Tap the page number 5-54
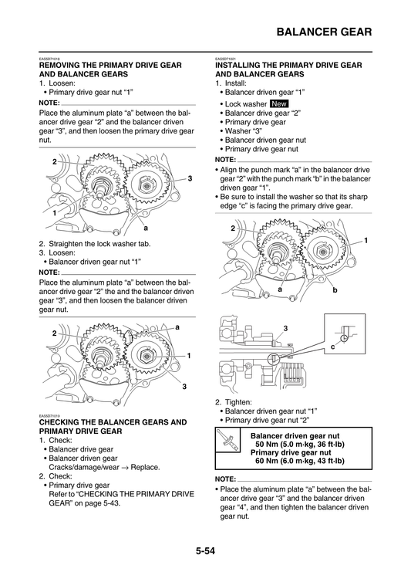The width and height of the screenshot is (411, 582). click(x=205, y=550)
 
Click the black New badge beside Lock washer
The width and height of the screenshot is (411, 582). click(x=279, y=103)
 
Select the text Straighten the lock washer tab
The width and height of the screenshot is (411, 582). click(x=99, y=244)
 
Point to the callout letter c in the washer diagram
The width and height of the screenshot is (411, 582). click(x=333, y=347)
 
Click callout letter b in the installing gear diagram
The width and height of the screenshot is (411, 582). click(x=335, y=289)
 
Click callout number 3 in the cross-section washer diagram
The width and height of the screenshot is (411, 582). click(x=285, y=329)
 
